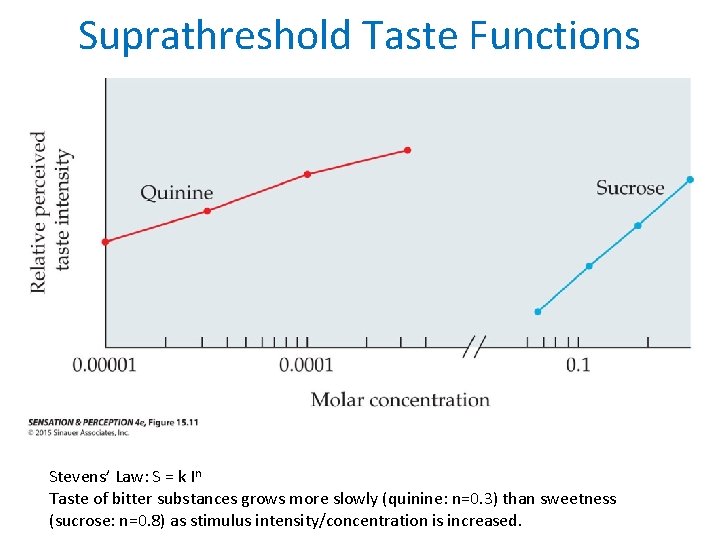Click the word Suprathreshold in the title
point(215,36)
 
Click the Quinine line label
point(176,192)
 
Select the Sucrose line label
point(630,187)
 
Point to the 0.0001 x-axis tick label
point(306,364)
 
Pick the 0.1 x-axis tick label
point(578,364)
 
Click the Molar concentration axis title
point(400,400)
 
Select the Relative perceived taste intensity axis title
point(51,211)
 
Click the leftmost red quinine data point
point(106,241)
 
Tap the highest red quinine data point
point(407,150)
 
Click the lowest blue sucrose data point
point(537,312)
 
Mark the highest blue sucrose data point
point(690,180)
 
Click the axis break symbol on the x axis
point(475,347)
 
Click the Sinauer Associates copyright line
point(80,433)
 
